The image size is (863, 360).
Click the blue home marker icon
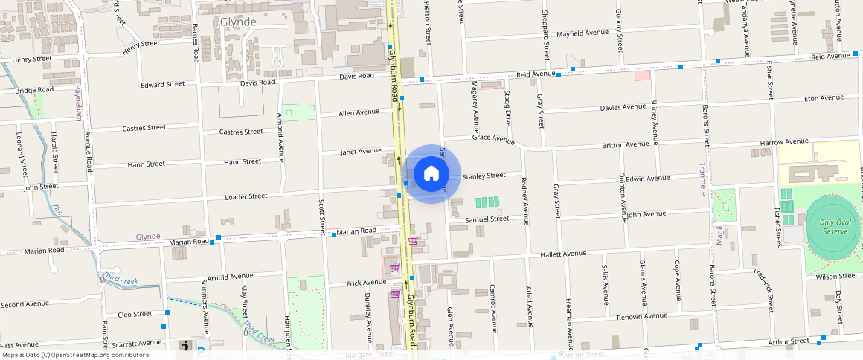(x=431, y=174)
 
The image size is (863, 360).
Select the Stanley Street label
(x=484, y=176)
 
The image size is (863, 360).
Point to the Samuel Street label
(x=487, y=219)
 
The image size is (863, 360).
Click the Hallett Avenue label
(x=563, y=254)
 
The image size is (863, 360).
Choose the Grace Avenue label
(x=493, y=138)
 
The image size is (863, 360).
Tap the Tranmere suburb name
(x=702, y=179)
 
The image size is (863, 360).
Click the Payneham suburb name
(x=77, y=103)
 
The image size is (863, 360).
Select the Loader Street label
(x=246, y=196)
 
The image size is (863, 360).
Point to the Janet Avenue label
(x=361, y=151)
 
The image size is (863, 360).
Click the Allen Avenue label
(x=359, y=112)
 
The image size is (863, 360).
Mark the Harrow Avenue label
(x=784, y=141)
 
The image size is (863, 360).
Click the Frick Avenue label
(x=366, y=283)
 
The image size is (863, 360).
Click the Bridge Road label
(x=34, y=90)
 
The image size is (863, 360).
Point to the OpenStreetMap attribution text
(x=74, y=355)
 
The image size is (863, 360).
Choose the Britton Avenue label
(x=626, y=144)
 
